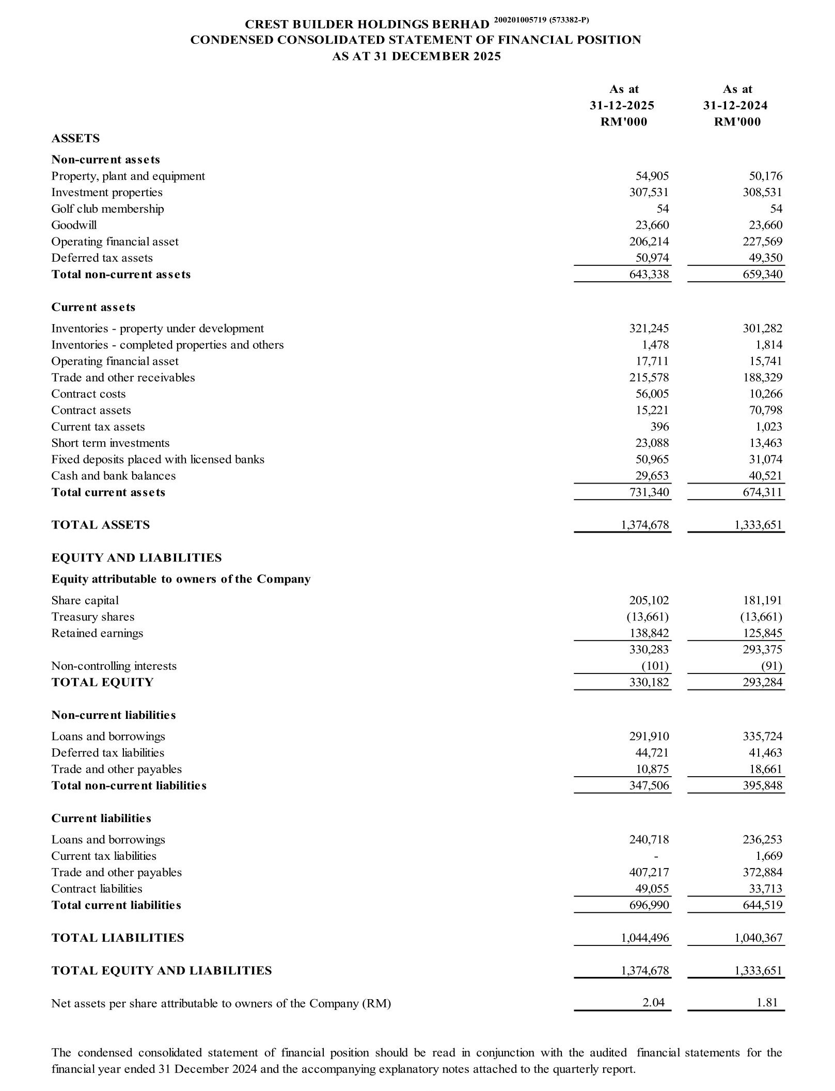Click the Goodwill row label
click(x=74, y=225)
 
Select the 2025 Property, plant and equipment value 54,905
click(x=652, y=176)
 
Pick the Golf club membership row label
click(x=107, y=209)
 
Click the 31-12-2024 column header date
click(x=735, y=106)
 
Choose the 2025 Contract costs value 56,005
click(x=652, y=394)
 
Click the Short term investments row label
click(x=110, y=443)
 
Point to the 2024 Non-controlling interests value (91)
click(x=771, y=666)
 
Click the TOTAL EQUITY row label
click(x=102, y=683)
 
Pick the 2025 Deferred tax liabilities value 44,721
click(x=652, y=753)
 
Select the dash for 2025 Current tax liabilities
click(x=656, y=857)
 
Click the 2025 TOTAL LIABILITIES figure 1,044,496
click(x=644, y=938)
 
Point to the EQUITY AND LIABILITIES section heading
click(x=136, y=558)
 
